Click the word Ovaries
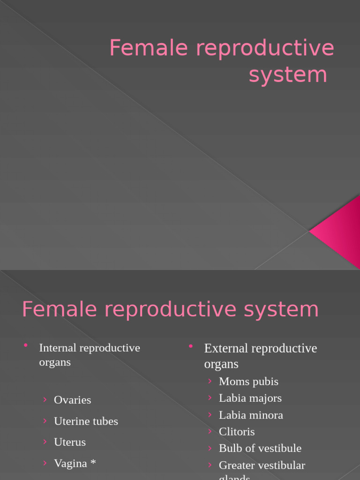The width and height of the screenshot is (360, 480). tap(72, 400)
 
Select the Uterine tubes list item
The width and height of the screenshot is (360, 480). tap(86, 421)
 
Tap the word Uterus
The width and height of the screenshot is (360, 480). tap(70, 442)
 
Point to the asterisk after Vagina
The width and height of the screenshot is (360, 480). tap(93, 463)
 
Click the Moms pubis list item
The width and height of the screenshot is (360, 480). tap(248, 382)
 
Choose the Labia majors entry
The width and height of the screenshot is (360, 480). tap(250, 398)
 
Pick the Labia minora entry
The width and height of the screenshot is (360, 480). tap(251, 415)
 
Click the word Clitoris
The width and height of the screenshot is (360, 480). tap(237, 431)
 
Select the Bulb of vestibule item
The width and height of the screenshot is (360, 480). tap(260, 448)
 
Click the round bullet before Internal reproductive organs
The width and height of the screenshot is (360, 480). tap(26, 346)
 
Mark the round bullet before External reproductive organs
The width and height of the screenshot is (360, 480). tap(191, 346)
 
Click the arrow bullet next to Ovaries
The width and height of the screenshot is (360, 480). tap(45, 399)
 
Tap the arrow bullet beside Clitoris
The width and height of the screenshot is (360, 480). tap(210, 431)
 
